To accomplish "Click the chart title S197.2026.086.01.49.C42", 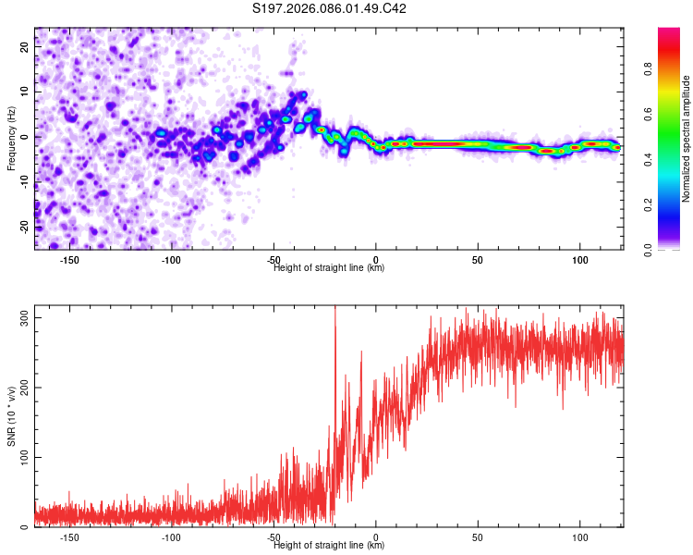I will (x=330, y=8).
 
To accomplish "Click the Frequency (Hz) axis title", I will (x=11, y=138).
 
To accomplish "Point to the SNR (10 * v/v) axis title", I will (x=11, y=421).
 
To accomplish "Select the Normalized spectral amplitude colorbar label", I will (x=687, y=139).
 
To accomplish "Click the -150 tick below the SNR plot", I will (x=68, y=536).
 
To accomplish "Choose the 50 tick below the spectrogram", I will (x=478, y=259).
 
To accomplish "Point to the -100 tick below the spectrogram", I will (x=171, y=259).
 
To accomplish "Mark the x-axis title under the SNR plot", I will (x=329, y=546).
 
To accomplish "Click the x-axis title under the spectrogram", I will (x=329, y=267).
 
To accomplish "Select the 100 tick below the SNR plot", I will (x=579, y=536).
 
